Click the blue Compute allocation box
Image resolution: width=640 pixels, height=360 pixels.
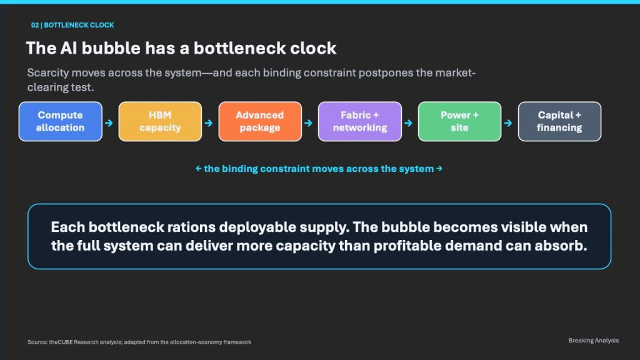point(61,122)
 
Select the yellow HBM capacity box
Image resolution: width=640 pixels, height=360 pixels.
point(160,122)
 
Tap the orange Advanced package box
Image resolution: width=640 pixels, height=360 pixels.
point(260,122)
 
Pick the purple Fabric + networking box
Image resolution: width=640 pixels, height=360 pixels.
point(360,122)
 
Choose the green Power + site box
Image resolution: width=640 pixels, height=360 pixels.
point(459,122)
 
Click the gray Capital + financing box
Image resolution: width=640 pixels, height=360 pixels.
point(559,122)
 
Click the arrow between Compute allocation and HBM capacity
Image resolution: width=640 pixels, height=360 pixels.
point(109,123)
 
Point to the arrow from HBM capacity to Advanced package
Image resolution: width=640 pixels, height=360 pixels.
point(209,123)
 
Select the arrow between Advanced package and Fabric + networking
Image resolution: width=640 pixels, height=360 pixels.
point(309,123)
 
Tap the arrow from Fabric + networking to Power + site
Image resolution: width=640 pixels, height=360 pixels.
point(408,123)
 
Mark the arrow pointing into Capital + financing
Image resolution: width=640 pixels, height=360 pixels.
point(508,123)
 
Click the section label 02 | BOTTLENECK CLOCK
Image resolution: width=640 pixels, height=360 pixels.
point(72,25)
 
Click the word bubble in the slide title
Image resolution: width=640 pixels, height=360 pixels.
point(111,48)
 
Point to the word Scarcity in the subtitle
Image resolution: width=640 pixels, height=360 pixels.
point(48,73)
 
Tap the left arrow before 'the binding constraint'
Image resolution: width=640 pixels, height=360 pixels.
point(199,169)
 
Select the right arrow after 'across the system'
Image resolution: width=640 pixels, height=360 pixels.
point(439,169)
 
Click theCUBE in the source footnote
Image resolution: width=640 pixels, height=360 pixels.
point(61,342)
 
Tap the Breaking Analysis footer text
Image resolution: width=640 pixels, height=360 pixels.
point(594,341)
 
